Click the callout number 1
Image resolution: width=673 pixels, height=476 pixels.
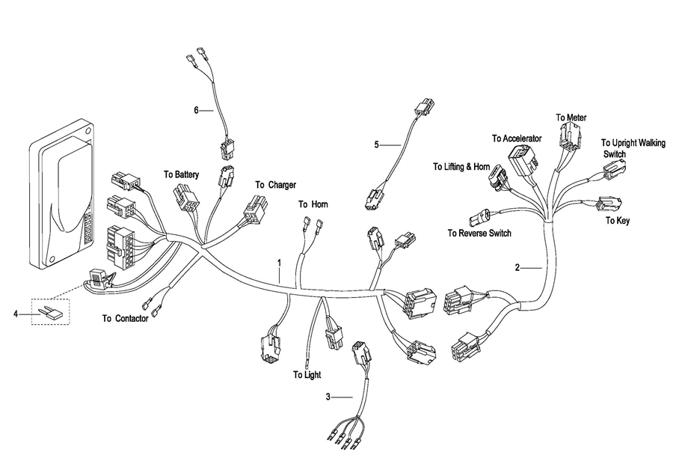[280, 262]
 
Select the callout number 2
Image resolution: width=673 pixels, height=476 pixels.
[517, 268]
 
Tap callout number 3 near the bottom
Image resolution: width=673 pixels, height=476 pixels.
[328, 397]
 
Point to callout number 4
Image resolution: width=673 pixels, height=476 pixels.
[16, 314]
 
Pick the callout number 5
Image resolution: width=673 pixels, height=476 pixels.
[376, 144]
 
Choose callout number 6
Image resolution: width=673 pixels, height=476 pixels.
[196, 111]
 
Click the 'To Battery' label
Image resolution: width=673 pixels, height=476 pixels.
[181, 174]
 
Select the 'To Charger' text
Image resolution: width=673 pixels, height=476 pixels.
[275, 185]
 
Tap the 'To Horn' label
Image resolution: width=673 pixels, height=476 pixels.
[313, 204]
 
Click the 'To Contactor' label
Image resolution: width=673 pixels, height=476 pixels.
[126, 318]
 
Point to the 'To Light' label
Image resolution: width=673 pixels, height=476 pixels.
[307, 375]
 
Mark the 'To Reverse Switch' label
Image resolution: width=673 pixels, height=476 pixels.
[479, 233]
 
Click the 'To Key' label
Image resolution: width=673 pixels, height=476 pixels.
[618, 221]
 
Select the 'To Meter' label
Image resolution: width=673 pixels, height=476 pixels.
[571, 118]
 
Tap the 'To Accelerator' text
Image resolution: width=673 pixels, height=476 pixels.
[517, 138]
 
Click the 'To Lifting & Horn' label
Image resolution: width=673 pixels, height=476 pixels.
[461, 167]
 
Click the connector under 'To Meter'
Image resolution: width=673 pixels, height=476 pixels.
[571, 135]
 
